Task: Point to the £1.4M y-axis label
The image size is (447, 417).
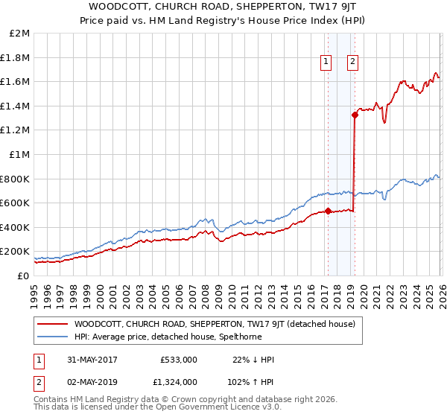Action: [17, 106]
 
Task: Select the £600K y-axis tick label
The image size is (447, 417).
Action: [16, 203]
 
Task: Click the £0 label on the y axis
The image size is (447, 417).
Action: [24, 276]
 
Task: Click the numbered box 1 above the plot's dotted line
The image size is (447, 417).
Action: [326, 63]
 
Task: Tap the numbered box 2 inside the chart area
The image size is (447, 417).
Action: [352, 63]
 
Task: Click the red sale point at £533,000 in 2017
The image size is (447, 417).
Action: [328, 211]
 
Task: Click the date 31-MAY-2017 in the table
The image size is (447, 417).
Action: [86, 360]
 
